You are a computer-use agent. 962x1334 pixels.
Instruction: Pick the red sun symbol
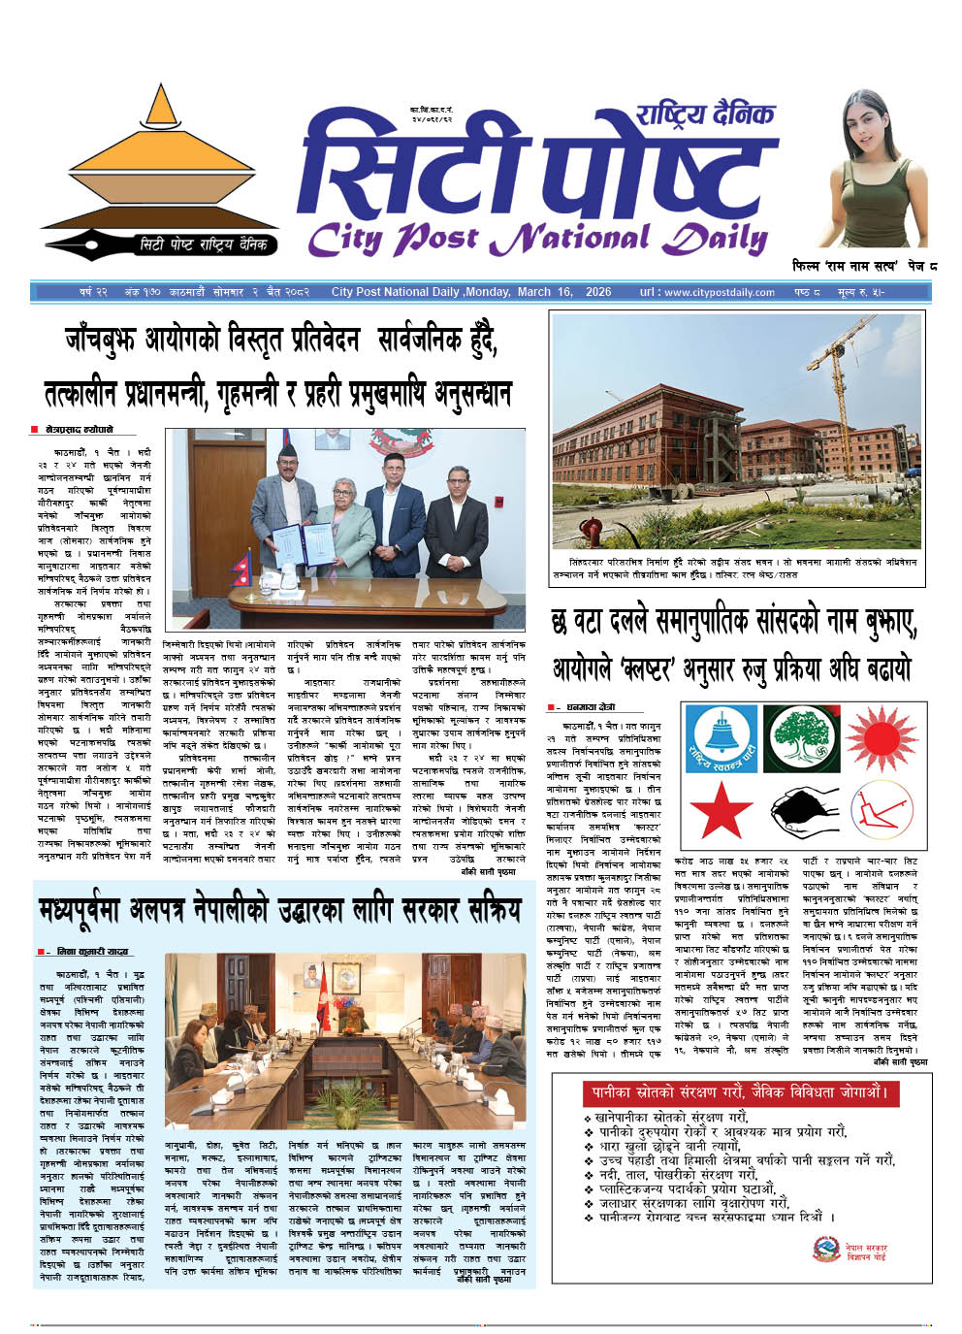[x=882, y=739]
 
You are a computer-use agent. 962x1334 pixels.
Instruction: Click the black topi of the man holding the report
[x=286, y=453]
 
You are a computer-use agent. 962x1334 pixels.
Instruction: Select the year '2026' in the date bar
[x=598, y=292]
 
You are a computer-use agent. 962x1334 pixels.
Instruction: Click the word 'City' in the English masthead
[x=345, y=238]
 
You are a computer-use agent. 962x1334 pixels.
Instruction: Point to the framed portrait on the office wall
[x=333, y=439]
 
